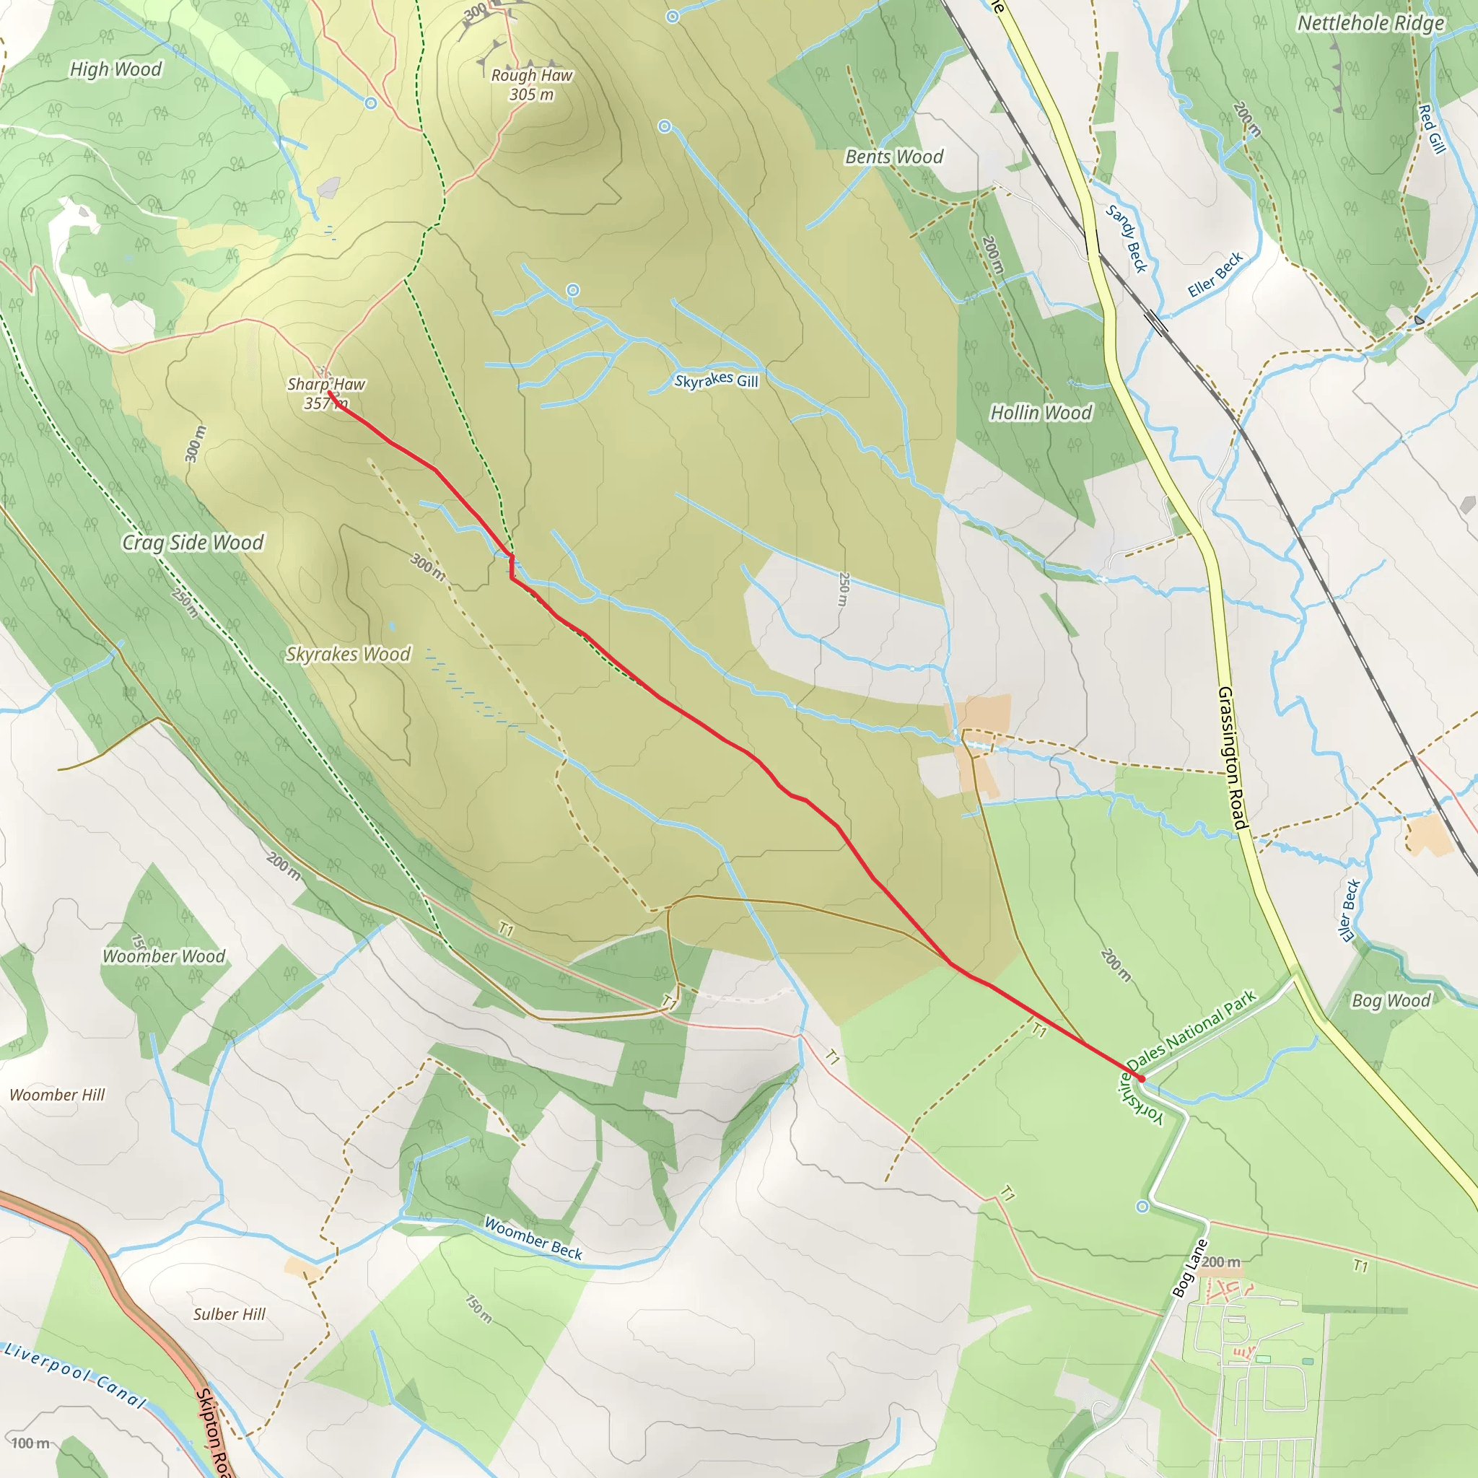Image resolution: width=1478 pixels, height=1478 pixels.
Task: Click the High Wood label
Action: click(x=115, y=69)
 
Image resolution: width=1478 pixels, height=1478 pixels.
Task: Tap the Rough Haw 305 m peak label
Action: click(x=532, y=84)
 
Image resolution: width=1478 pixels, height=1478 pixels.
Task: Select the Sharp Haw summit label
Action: click(x=326, y=393)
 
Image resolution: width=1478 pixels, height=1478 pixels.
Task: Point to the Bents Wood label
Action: click(x=893, y=157)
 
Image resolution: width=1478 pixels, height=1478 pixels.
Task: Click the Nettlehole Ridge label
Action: click(x=1371, y=24)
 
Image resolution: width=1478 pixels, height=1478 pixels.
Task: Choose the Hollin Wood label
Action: click(x=1041, y=413)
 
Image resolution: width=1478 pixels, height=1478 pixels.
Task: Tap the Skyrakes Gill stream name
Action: click(x=716, y=380)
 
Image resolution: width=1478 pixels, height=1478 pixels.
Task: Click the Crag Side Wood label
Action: click(x=193, y=543)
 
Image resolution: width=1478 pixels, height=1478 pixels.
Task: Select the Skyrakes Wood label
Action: click(x=348, y=654)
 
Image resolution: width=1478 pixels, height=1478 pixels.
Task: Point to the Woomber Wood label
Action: click(x=164, y=956)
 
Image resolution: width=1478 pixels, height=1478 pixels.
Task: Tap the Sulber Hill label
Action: click(x=229, y=1314)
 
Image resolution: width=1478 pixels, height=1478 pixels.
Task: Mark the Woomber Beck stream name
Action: click(x=533, y=1238)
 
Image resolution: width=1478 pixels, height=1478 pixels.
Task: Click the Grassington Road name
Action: click(x=1233, y=757)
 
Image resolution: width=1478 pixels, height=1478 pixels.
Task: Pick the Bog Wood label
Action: click(x=1391, y=1001)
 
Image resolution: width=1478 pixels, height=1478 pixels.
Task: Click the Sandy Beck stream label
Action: click(x=1127, y=238)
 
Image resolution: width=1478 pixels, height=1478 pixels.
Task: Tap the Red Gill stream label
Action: click(x=1431, y=128)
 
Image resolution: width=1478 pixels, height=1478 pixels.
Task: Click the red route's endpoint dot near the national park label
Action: click(x=1141, y=1078)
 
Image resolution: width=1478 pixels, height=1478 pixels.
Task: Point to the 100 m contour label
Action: click(x=30, y=1443)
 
